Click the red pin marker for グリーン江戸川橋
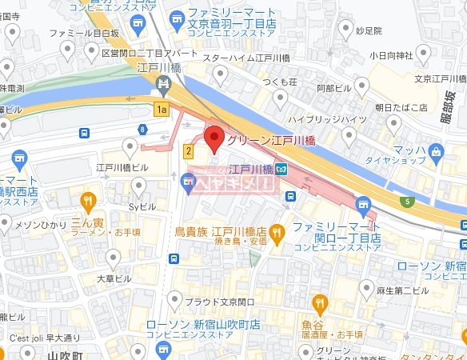click(x=214, y=138)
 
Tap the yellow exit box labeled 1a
click(x=162, y=109)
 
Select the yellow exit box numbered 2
click(x=189, y=150)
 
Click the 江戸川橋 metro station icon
click(x=281, y=169)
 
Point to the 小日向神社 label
click(x=391, y=55)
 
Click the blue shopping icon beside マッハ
click(x=436, y=150)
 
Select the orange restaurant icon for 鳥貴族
click(x=277, y=233)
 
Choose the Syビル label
click(x=140, y=206)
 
